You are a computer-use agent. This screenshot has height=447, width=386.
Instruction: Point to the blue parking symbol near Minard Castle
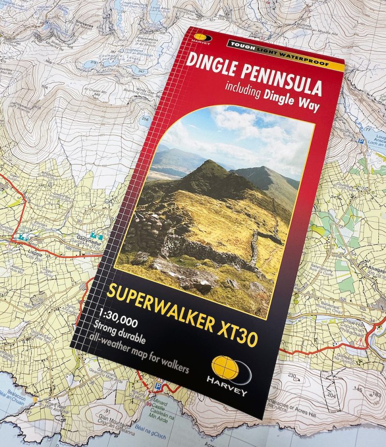tap(159, 386)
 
